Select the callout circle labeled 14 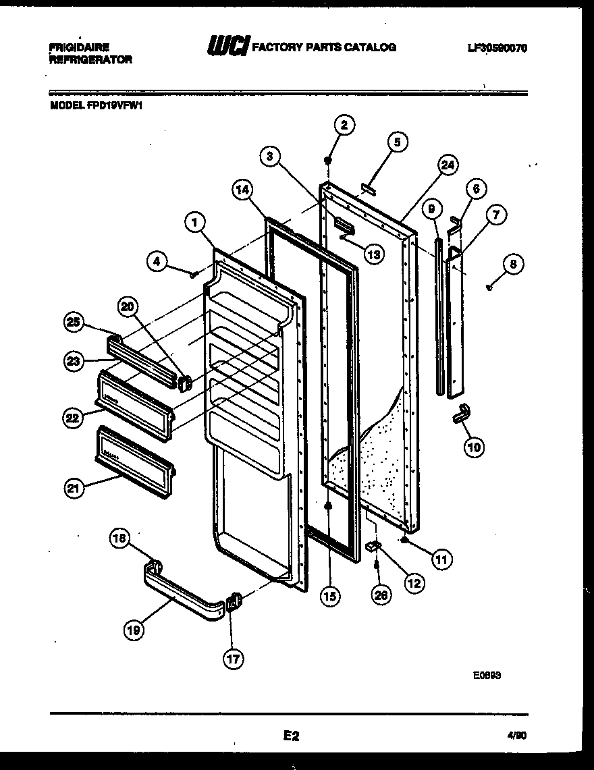pyautogui.click(x=244, y=190)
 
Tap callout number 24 pyautogui.click(x=447, y=165)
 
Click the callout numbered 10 pyautogui.click(x=474, y=446)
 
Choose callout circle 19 pyautogui.click(x=133, y=630)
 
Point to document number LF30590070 pyautogui.click(x=496, y=48)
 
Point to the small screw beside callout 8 pyautogui.click(x=490, y=287)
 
